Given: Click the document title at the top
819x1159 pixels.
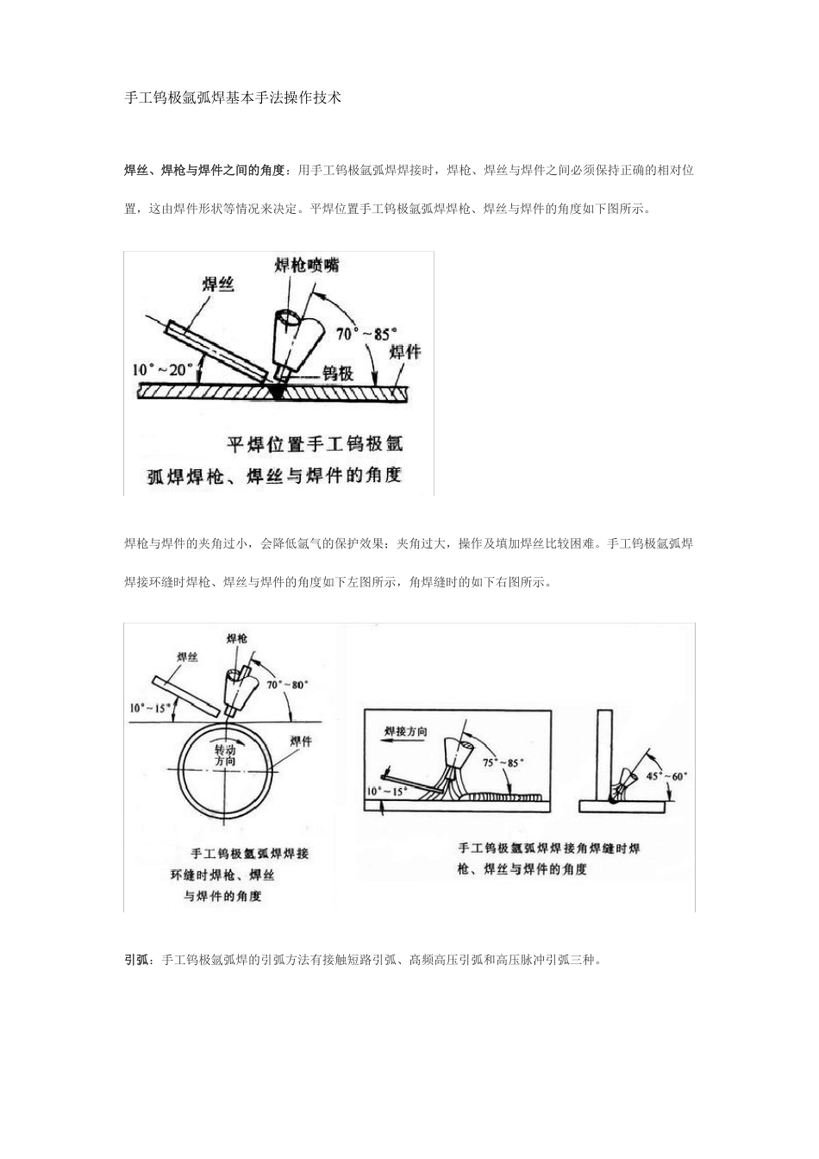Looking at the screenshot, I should pyautogui.click(x=234, y=98).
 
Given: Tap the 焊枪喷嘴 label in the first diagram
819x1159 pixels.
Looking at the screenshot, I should pyautogui.click(x=307, y=266).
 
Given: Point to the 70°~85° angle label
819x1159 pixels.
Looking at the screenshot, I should pyautogui.click(x=367, y=332).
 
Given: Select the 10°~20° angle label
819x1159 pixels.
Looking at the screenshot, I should pyautogui.click(x=163, y=369).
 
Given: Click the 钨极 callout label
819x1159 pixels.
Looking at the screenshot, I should pyautogui.click(x=338, y=373).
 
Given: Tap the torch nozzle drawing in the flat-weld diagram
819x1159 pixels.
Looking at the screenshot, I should pyautogui.click(x=290, y=339).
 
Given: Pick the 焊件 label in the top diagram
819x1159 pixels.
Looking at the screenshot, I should pyautogui.click(x=405, y=353).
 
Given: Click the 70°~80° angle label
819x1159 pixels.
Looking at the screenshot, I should pyautogui.click(x=288, y=685).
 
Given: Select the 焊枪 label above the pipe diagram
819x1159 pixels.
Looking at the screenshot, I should pyautogui.click(x=237, y=638).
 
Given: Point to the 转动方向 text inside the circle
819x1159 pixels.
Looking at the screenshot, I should pyautogui.click(x=224, y=755).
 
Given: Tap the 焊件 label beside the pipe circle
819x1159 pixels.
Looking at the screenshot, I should pyautogui.click(x=301, y=742).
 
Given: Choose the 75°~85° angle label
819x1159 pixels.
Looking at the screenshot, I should pyautogui.click(x=503, y=763).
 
